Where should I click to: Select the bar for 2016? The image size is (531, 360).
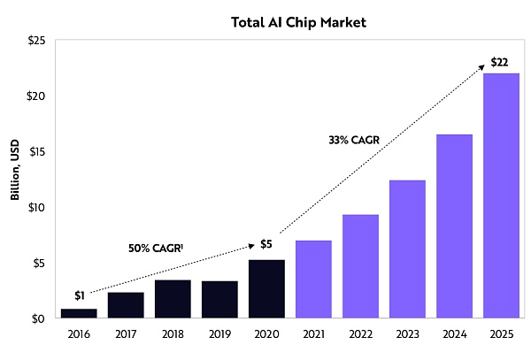79,313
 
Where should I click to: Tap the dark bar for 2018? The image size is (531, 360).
173,299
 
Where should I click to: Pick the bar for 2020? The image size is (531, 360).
266,289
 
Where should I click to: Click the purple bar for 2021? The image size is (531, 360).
313,280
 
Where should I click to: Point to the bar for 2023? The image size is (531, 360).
407,249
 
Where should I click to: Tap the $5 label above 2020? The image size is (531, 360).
266,245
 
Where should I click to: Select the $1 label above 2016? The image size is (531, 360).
80,295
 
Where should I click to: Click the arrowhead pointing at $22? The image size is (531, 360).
482,65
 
